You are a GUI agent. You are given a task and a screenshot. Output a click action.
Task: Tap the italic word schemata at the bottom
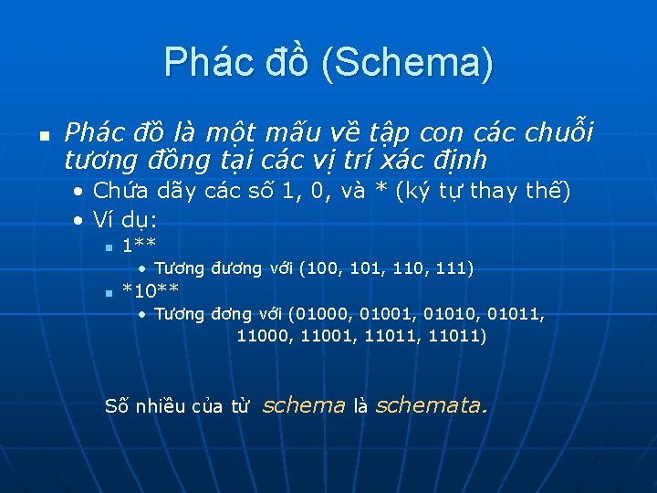pyautogui.click(x=431, y=405)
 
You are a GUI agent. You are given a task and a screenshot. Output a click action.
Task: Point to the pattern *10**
pyautogui.click(x=151, y=291)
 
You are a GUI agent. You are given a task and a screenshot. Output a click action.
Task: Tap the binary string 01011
pyautogui.click(x=516, y=315)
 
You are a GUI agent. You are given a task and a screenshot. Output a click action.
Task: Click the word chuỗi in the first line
pyautogui.click(x=558, y=133)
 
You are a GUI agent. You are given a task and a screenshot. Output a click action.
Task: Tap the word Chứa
pyautogui.click(x=116, y=192)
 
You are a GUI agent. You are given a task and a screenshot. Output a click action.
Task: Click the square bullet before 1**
pyautogui.click(x=108, y=246)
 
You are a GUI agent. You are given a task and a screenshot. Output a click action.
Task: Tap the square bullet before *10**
pyautogui.click(x=108, y=293)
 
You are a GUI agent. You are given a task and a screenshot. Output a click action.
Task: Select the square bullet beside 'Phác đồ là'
pyautogui.click(x=41, y=135)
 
